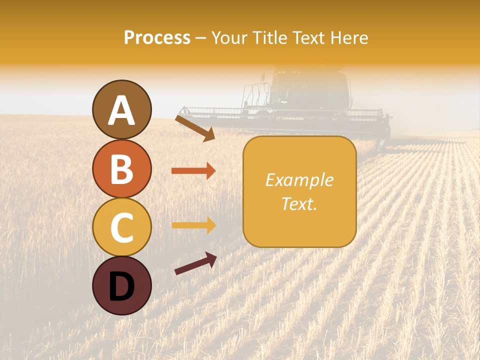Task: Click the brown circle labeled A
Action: tap(122, 109)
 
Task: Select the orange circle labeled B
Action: tap(122, 168)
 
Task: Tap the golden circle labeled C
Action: tap(122, 227)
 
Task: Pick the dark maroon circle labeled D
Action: tap(122, 285)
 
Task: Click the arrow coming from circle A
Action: tap(195, 128)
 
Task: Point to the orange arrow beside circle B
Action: tap(193, 171)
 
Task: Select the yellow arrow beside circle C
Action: tap(193, 225)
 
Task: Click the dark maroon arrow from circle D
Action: tap(195, 263)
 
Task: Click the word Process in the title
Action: tap(157, 37)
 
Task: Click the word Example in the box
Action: tap(299, 180)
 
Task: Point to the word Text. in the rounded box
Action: tap(299, 203)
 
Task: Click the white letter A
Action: tap(122, 110)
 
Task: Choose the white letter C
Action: tap(122, 227)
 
